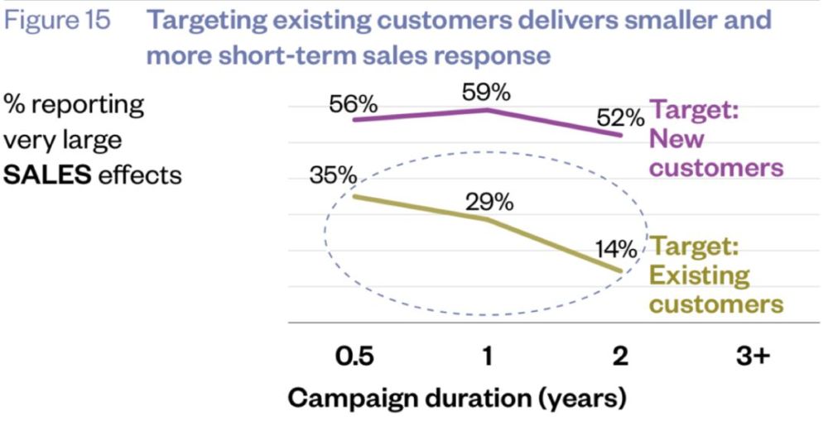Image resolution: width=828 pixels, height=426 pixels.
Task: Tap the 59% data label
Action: (486, 93)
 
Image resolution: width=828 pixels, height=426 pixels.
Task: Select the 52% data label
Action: (619, 119)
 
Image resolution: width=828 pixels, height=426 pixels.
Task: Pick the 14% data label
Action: (615, 249)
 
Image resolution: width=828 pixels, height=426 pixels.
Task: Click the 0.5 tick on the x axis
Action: (355, 357)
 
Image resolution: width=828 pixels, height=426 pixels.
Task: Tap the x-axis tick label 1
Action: (488, 357)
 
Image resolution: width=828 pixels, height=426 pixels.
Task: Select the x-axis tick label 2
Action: (620, 357)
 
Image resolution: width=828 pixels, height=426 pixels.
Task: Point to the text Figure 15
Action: (57, 20)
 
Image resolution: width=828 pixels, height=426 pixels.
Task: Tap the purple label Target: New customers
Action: (715, 139)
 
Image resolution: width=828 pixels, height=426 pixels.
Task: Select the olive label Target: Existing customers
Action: (715, 275)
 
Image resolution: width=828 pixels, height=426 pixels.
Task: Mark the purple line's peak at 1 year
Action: (488, 109)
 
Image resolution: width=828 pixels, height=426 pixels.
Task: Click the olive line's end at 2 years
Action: (620, 271)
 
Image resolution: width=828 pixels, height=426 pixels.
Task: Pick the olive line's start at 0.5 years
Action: (355, 197)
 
